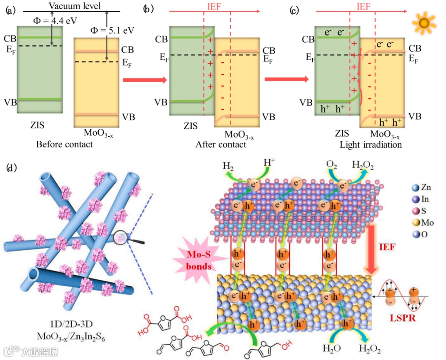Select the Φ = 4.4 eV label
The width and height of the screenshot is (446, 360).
coord(38,19)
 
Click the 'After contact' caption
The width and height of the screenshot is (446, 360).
coord(221,144)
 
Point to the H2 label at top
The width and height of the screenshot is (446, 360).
coord(228,167)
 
